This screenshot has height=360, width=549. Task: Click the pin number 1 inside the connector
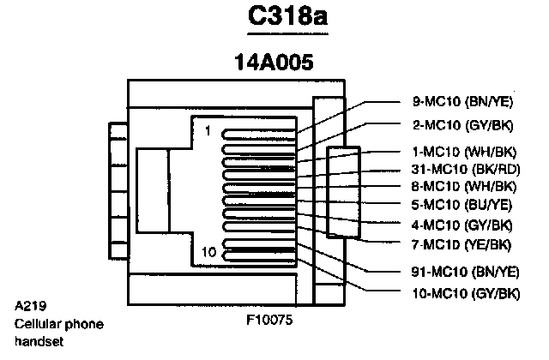[208, 130]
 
